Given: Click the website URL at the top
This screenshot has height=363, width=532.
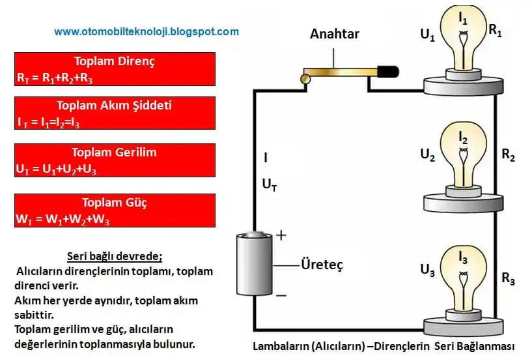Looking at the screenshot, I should (146, 31).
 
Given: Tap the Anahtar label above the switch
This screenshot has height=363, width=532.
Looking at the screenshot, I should (335, 34).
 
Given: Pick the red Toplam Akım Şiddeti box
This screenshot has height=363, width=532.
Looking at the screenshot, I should (115, 113).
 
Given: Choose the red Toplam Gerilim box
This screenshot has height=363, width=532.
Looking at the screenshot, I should (115, 160).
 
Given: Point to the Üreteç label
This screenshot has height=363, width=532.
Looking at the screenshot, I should (322, 265).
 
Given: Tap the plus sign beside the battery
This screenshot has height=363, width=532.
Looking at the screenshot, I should (281, 235).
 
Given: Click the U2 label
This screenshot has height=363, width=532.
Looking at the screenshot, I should (428, 155).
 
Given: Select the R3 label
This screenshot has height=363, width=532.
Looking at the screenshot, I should (509, 280).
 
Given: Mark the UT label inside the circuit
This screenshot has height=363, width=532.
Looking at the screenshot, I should (270, 185).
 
